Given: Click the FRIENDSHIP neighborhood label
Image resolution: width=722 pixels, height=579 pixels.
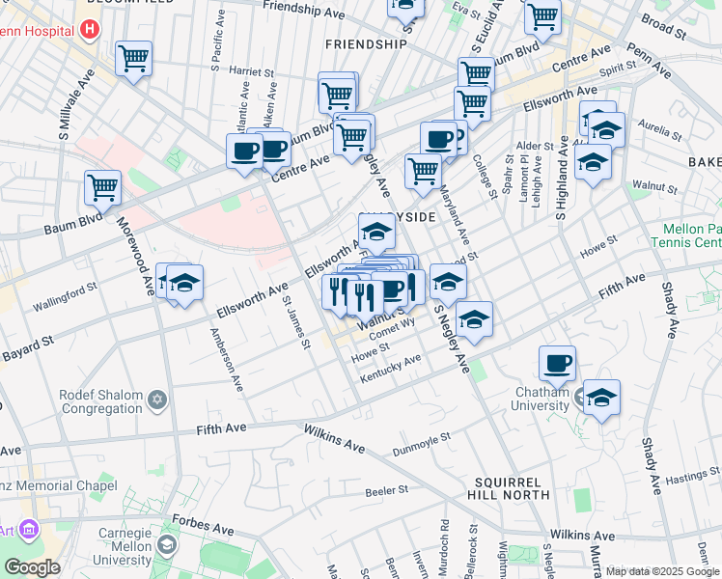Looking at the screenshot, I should click(x=366, y=44).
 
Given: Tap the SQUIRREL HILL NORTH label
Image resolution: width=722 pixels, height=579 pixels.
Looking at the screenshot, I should click(x=511, y=487).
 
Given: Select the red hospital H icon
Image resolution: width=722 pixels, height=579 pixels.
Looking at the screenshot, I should click(x=90, y=28).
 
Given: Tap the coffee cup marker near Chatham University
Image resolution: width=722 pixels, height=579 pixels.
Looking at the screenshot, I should click(x=557, y=363).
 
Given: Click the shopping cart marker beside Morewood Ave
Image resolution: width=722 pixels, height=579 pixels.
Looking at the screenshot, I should click(x=103, y=188).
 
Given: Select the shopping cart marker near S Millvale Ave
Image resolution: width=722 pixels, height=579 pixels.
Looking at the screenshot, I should click(x=133, y=58).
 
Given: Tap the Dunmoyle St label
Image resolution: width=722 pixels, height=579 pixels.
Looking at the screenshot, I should click(x=422, y=445).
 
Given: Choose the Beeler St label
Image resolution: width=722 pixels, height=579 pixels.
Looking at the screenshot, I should click(x=389, y=491).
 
